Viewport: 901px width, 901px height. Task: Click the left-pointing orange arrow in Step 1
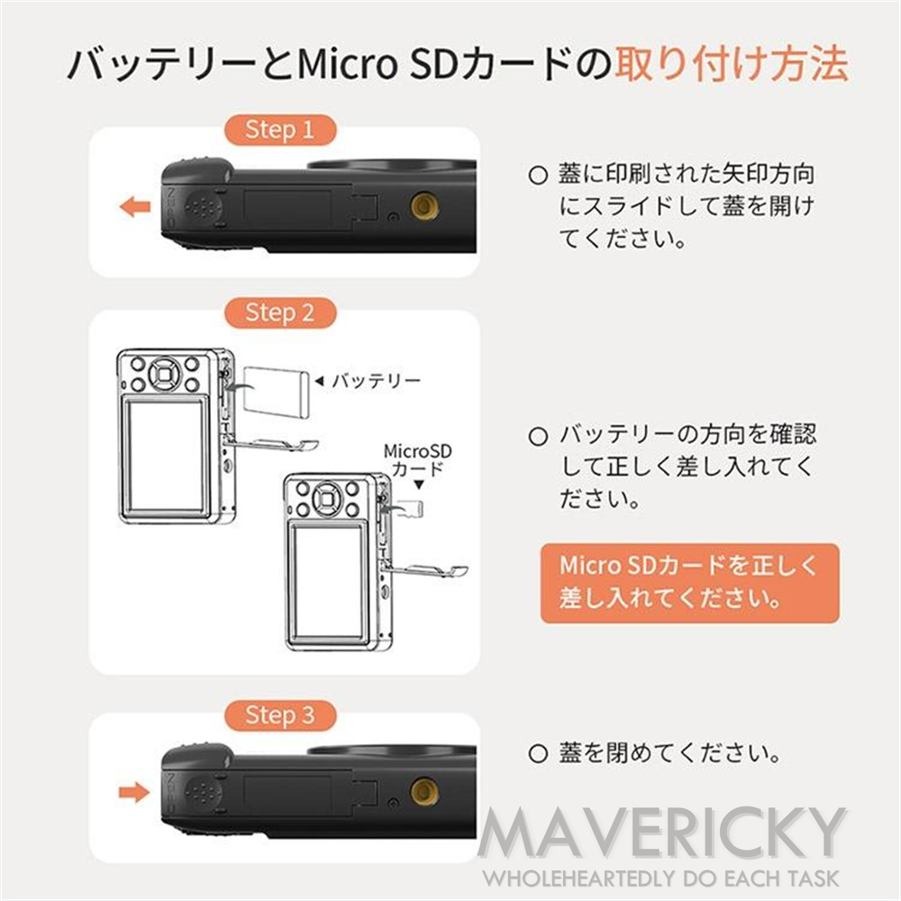coord(135,208)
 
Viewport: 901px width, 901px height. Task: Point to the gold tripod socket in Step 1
coord(421,206)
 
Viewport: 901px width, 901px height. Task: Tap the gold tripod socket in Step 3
coord(421,791)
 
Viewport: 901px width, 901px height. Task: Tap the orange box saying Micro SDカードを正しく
coord(689,582)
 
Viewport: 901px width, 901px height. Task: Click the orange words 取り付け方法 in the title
coord(731,65)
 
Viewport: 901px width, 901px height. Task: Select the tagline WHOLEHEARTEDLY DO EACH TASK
coord(662,878)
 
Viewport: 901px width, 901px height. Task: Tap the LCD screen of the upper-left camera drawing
coord(165,460)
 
